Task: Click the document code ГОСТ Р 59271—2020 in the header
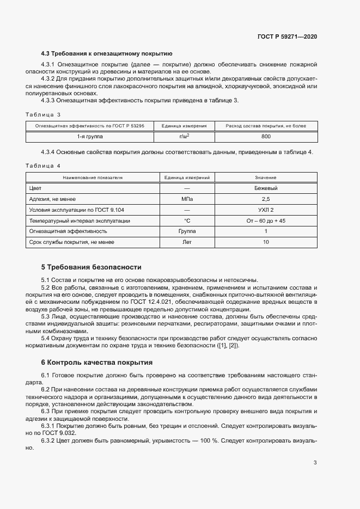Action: (x=287, y=36)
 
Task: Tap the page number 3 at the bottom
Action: (x=315, y=463)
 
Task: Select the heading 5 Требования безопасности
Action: (x=91, y=267)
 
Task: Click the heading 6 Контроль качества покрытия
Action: (x=90, y=362)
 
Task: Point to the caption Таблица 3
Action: (x=43, y=114)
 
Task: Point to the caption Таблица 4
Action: (x=43, y=165)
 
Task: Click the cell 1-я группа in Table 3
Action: (x=89, y=137)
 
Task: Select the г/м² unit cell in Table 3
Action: (x=185, y=137)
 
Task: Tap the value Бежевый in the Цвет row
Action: (x=265, y=188)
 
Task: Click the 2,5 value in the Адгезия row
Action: (x=265, y=199)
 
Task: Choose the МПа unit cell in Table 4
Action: (x=187, y=199)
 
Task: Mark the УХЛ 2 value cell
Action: (x=265, y=210)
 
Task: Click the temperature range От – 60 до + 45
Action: (x=265, y=220)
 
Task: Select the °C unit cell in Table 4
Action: (x=187, y=220)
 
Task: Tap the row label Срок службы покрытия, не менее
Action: (x=72, y=242)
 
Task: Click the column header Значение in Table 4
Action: (x=265, y=177)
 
